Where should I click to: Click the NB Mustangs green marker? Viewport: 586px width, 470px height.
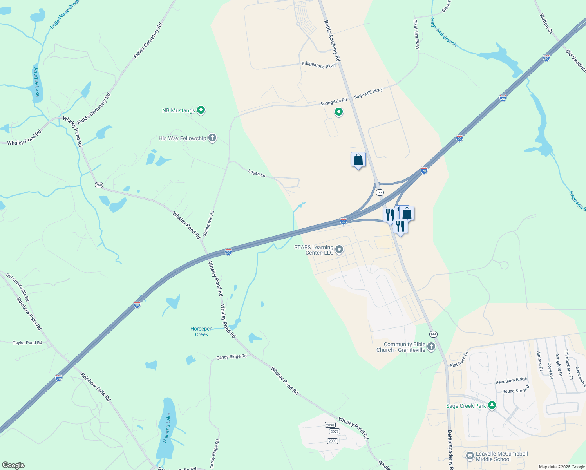(201, 110)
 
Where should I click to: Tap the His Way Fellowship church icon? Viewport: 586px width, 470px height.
(212, 138)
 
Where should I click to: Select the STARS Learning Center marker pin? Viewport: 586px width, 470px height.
(340, 249)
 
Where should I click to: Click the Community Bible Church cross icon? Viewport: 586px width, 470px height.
(431, 347)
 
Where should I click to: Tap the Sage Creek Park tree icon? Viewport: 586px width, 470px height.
(492, 405)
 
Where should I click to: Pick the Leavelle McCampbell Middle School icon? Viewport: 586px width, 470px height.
(470, 456)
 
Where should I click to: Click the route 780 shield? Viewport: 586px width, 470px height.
(99, 185)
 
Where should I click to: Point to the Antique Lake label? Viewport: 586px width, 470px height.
(36, 82)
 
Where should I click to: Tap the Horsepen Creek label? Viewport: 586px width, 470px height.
(201, 332)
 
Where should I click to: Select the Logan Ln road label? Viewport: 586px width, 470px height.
(257, 173)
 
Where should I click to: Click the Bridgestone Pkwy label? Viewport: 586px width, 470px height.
(318, 65)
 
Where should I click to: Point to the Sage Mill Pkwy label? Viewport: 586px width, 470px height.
(368, 93)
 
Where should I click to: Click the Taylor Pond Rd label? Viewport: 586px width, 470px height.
(27, 343)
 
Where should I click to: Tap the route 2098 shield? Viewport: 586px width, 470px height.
(330, 425)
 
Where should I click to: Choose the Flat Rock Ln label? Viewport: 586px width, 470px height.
(459, 360)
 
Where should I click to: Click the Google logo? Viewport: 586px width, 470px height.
(13, 465)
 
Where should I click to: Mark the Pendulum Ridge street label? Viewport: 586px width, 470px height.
(511, 381)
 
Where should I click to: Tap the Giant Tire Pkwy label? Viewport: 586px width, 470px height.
(416, 34)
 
